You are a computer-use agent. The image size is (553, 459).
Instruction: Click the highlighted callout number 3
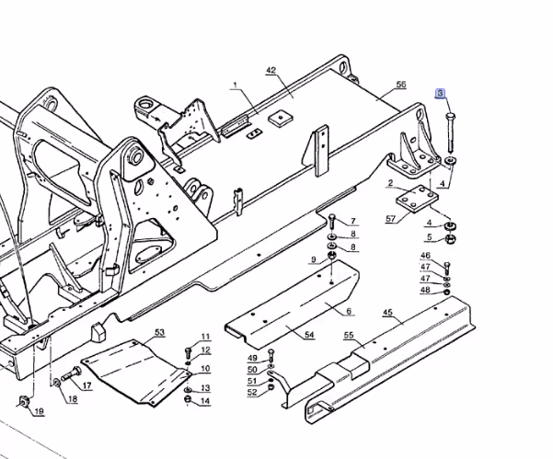pos(440,94)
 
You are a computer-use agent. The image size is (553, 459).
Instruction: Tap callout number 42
pos(271,71)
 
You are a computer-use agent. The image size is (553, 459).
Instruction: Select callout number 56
pos(401,85)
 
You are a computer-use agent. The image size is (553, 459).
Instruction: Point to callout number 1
pos(236,85)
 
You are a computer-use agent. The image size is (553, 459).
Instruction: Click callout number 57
pos(391,219)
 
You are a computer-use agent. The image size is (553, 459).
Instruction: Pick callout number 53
pos(160,332)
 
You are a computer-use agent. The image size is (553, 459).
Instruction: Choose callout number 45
pos(387,313)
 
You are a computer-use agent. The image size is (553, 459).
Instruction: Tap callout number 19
pos(40,411)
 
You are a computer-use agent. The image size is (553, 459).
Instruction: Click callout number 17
pos(87,386)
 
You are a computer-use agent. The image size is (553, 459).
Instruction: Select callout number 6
pos(349,311)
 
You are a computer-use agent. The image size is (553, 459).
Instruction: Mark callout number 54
pos(309,335)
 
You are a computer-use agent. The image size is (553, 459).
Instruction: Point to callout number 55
pos(349,335)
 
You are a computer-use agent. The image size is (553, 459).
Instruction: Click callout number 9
pos(314,260)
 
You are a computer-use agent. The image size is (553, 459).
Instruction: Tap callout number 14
pos(205,401)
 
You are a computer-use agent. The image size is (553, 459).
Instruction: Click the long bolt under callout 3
pos(450,132)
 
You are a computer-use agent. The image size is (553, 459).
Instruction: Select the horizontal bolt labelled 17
pos(71,374)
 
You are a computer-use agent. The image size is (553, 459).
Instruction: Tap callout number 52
pos(252,393)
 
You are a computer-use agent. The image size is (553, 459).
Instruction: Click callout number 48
pos(426,290)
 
